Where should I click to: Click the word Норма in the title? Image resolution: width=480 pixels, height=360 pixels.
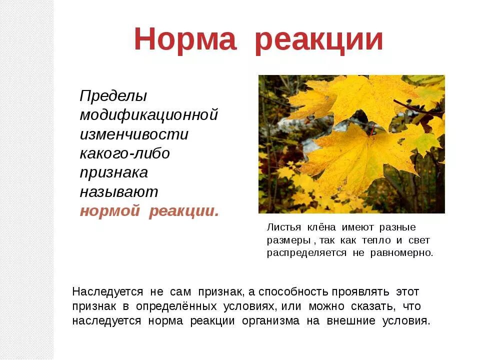tap(185, 40)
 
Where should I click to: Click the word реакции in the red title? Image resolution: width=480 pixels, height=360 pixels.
tap(318, 40)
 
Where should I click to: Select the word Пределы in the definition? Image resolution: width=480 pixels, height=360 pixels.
tap(113, 96)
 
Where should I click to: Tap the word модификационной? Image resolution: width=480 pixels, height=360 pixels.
tap(149, 115)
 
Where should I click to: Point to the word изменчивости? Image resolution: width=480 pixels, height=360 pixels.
tap(134, 134)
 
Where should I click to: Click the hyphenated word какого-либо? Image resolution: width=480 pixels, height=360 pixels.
tap(125, 153)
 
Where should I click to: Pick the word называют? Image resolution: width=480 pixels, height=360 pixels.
tap(119, 191)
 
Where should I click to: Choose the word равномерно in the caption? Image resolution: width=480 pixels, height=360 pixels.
tap(401, 252)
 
